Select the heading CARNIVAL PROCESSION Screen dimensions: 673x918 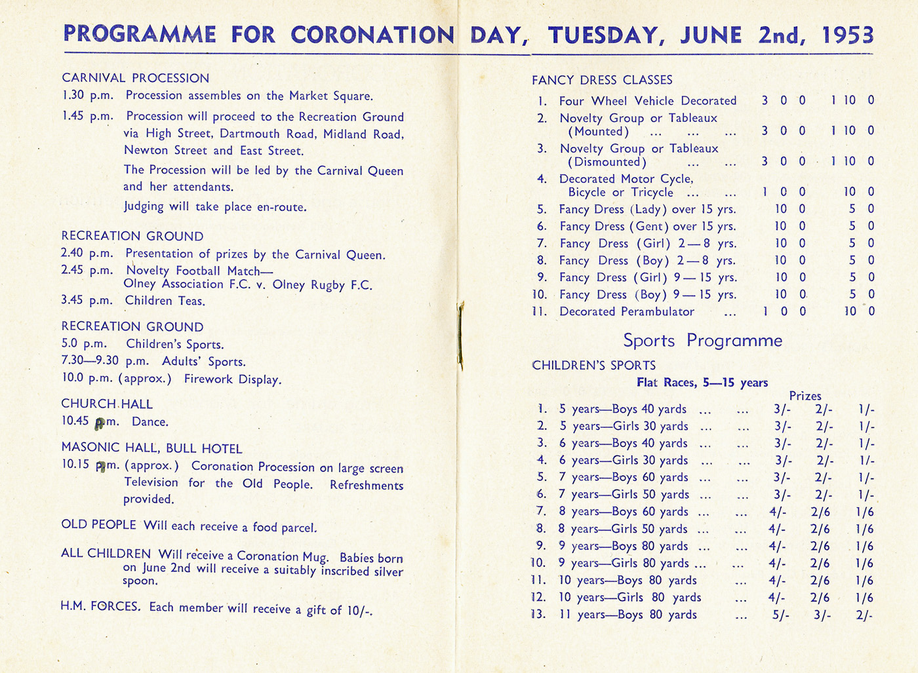click(135, 78)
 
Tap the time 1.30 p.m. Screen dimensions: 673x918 click(88, 96)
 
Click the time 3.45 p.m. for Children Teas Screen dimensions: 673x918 click(87, 300)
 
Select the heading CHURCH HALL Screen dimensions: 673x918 click(107, 404)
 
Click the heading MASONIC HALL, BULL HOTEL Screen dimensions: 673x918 click(151, 449)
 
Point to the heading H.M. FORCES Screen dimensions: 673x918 click(100, 606)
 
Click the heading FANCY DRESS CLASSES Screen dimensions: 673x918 click(602, 80)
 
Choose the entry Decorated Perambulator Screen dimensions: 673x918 click(626, 312)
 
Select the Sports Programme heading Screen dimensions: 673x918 click(702, 341)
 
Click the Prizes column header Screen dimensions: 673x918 click(805, 396)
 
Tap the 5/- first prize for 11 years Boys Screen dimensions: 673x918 click(781, 615)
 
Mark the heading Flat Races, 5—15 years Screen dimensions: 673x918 click(702, 383)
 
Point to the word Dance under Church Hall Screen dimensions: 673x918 click(150, 422)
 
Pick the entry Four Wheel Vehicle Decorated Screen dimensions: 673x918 click(647, 101)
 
